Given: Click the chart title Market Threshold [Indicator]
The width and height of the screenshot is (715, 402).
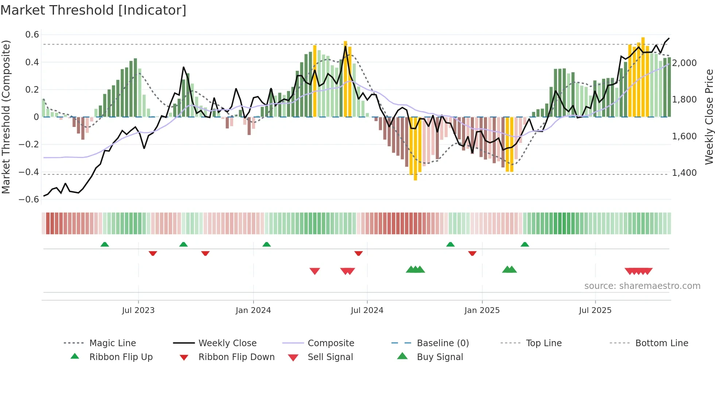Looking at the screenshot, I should (93, 10).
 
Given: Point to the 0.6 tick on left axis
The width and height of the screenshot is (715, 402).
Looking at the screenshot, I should (32, 35).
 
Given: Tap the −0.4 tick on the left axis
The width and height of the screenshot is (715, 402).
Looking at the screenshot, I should (29, 172).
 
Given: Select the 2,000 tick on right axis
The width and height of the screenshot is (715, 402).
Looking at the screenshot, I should (684, 63).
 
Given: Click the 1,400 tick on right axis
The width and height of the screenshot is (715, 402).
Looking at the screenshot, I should (684, 173).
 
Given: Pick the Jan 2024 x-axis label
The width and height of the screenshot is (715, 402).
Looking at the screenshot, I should (253, 310).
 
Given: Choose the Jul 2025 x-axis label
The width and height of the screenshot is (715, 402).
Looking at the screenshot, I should (595, 310).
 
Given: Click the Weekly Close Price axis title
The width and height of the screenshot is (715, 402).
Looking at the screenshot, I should (709, 117).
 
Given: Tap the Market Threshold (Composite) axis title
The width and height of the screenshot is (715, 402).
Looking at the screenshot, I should (6, 117).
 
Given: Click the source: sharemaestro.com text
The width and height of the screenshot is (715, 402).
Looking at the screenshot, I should (642, 286).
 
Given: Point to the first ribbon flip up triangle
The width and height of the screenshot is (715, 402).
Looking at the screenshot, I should (105, 244).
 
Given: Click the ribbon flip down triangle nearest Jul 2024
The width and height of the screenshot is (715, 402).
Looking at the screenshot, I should (359, 253).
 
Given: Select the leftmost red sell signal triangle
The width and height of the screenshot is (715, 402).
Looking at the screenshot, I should (314, 271).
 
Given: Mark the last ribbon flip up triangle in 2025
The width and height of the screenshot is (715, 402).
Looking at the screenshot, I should (525, 244).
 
